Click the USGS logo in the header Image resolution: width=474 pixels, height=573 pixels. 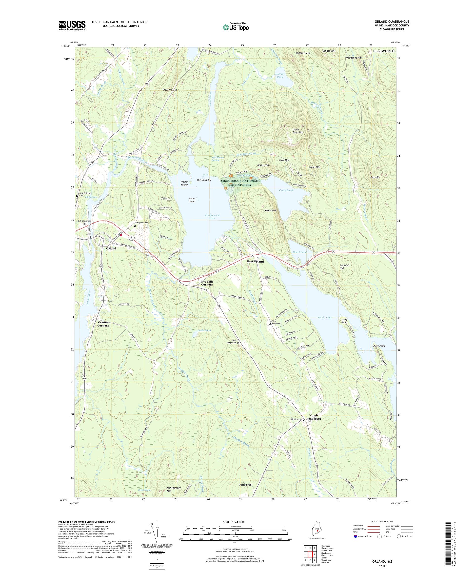(72, 25)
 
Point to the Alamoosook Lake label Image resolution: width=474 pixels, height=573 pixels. (210, 217)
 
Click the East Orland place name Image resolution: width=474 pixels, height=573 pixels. (255, 261)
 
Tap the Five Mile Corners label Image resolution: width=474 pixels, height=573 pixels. (207, 283)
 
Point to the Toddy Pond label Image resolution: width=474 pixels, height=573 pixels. (325, 318)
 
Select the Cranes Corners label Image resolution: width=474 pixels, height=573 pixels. (103, 324)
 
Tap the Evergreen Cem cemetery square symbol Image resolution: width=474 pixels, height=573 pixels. (135, 226)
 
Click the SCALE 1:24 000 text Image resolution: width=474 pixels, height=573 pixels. (235, 522)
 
